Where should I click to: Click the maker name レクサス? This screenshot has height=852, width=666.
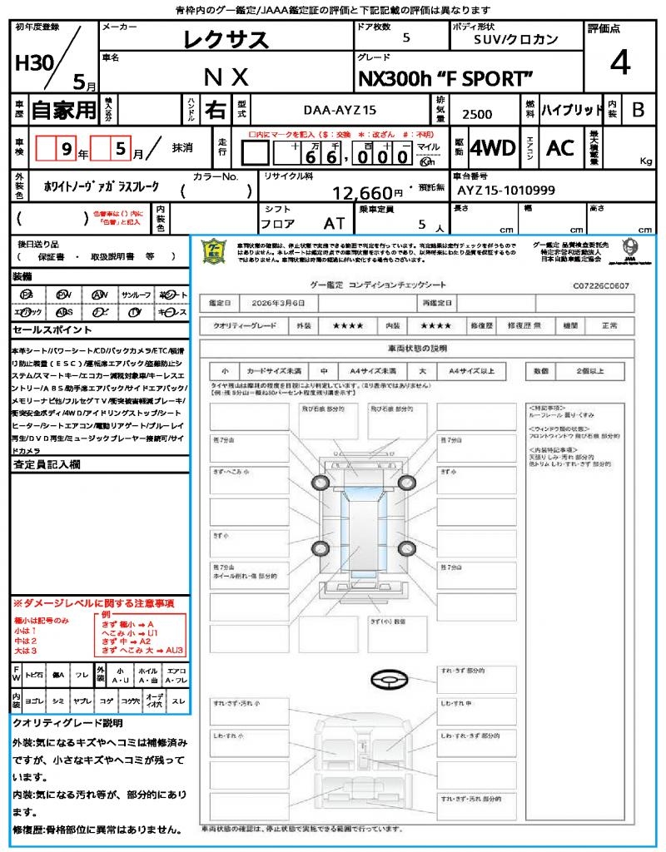(x=226, y=39)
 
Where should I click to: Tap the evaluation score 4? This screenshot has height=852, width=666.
(x=618, y=62)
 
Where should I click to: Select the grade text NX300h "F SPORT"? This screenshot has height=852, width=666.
(x=445, y=78)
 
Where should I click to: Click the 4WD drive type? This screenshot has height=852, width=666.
(x=492, y=148)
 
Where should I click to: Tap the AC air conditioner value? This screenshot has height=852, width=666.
(x=559, y=148)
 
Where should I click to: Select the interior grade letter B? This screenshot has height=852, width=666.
(x=638, y=109)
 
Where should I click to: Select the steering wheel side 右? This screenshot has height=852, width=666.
(x=214, y=109)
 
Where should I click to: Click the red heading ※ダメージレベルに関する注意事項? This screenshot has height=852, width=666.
(x=93, y=602)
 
